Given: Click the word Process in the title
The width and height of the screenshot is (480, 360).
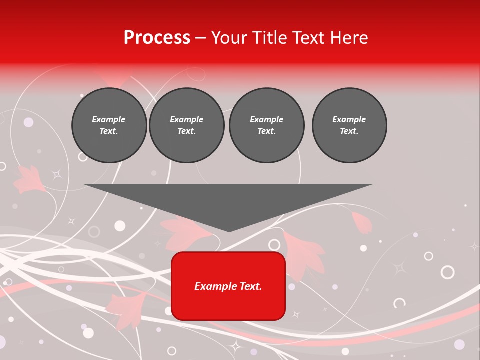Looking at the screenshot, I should tap(157, 38).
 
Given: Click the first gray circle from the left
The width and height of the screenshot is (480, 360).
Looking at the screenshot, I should tap(109, 125).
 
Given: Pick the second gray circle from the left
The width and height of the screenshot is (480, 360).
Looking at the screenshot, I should tap(187, 125).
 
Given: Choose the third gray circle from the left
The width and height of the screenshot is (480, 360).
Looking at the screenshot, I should tap(267, 125).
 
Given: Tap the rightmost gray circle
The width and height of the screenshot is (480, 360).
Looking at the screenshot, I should tap(349, 125).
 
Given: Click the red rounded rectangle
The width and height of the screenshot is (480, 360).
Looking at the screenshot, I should tap(228, 286).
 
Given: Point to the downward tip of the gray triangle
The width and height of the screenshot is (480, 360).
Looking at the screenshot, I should tap(229, 230).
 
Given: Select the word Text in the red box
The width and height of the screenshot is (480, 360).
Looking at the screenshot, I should tap(250, 286).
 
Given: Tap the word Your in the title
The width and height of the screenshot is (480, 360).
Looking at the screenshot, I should tap(228, 38).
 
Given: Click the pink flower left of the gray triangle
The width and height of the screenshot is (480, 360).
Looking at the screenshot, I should tap(28, 180).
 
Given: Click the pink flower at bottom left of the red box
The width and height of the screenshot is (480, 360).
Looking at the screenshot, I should tap(127, 307).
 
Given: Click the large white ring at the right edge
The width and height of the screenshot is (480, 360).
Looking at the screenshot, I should tap(447, 272).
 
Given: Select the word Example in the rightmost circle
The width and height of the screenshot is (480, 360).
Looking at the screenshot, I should tap(349, 119).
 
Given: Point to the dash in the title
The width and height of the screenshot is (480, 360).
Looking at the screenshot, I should tap(200, 38).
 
